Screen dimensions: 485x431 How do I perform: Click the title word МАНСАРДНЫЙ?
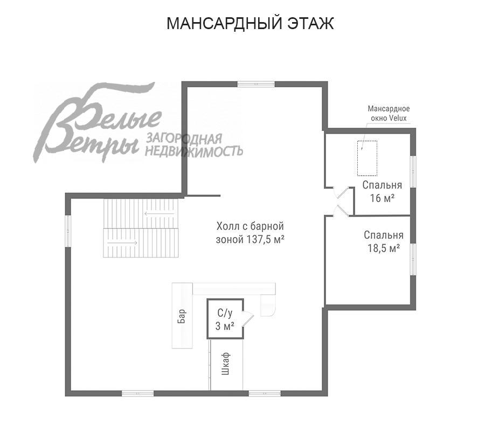click(x=225, y=24)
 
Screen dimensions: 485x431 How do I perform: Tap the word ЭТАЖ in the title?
click(x=311, y=24)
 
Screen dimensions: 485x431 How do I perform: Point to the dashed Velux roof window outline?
click(x=367, y=158)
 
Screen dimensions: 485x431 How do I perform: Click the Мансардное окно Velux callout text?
click(x=389, y=113)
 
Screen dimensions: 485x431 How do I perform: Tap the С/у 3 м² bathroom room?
click(x=225, y=319)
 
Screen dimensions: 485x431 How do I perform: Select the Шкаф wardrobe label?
click(x=226, y=364)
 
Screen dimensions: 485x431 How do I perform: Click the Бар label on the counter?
click(x=182, y=316)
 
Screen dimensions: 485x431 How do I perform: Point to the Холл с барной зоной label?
click(x=250, y=233)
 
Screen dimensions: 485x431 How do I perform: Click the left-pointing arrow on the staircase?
click(x=160, y=214)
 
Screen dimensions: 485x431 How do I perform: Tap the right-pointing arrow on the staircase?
click(x=122, y=243)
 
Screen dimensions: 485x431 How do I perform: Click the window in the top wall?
click(x=256, y=84)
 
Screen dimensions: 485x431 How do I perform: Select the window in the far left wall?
click(x=68, y=231)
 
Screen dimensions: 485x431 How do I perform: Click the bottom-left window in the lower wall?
click(x=137, y=394)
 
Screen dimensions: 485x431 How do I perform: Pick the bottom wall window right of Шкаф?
click(x=265, y=394)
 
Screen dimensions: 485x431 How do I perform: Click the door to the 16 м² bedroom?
click(x=341, y=193)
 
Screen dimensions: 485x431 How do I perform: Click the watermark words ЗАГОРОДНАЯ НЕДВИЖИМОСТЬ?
click(x=194, y=145)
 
